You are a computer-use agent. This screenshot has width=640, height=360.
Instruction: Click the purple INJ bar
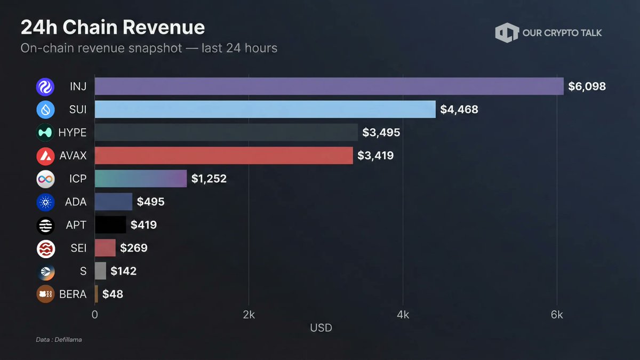point(329,86)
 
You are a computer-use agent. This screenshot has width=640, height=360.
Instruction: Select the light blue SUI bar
point(265,109)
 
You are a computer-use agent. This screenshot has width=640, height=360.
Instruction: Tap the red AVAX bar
point(224,156)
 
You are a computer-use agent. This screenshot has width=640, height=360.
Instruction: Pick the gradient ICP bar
point(141,179)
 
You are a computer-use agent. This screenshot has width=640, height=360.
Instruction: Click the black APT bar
point(110,225)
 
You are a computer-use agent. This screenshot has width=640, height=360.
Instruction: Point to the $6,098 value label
point(587,86)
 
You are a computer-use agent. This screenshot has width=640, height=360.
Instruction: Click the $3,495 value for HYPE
point(381,133)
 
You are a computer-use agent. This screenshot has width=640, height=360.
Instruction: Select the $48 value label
point(113,294)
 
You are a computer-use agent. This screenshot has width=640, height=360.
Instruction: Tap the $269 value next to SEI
point(133,248)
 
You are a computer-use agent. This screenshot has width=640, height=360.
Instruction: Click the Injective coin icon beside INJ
point(45,86)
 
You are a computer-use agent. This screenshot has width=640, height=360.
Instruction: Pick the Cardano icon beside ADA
point(45,202)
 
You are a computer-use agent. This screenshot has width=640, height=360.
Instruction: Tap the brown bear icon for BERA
point(45,294)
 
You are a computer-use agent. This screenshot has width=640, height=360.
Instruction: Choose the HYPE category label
point(72,133)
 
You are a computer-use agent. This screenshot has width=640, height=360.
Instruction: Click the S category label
point(83,271)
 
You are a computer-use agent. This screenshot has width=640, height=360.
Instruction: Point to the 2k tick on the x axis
point(249,315)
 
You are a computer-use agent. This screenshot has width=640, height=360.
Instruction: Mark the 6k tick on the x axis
point(557,315)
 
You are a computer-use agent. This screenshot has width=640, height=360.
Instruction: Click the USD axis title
point(321,327)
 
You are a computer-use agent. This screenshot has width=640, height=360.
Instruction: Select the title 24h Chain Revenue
point(113,27)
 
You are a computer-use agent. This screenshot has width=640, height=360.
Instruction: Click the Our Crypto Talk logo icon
point(507,33)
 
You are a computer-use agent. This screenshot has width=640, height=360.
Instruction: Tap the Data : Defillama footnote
point(59,340)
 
